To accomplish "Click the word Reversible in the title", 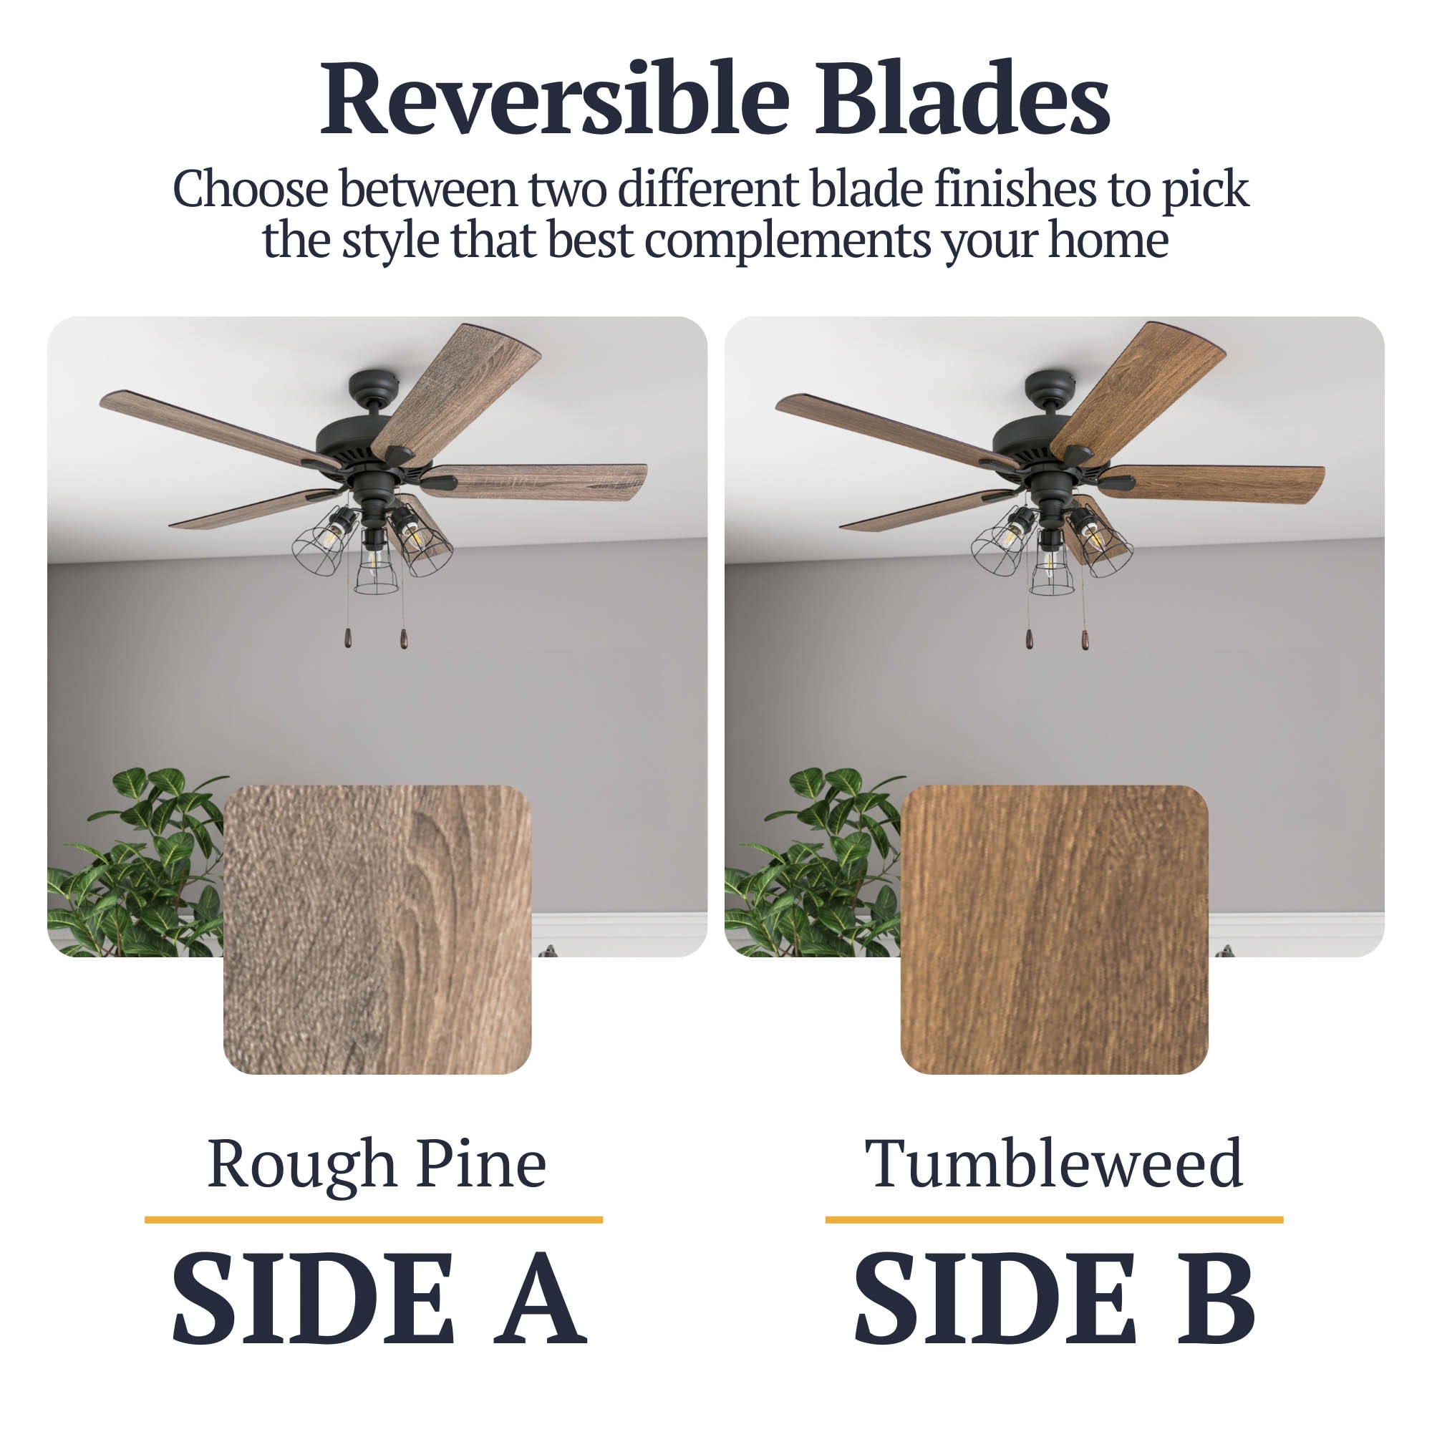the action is pos(555,100).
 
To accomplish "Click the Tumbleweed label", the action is pos(1053,1163).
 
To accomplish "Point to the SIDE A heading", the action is pos(379,1308).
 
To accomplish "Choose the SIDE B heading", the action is pos(1055,1308).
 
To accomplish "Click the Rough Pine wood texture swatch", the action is pos(377,929).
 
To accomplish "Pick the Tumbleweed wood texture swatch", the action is pos(1054,929).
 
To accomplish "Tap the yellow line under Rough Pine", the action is pos(374,1219).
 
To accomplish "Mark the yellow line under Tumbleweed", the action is pos(1054,1219).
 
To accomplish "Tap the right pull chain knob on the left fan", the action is pos(403,639).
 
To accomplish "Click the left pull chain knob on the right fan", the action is pos(1029,639).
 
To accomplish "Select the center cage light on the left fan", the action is pos(376,563).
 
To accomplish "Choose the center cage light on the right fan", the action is pos(1051,563).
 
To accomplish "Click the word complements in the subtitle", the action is pos(787,241).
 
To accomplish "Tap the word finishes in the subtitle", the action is pos(1015,189).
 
